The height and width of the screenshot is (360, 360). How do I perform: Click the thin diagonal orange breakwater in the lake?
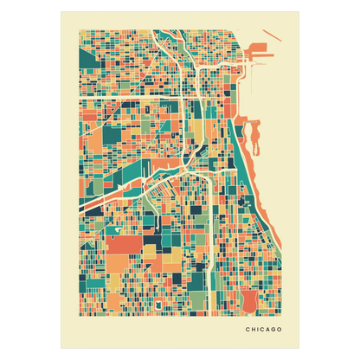point(256,87)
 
